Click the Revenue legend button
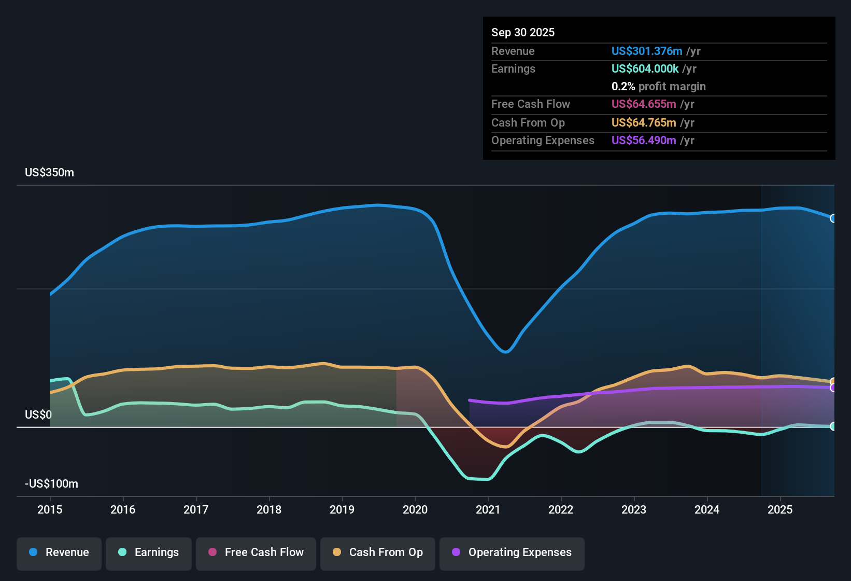pyautogui.click(x=59, y=552)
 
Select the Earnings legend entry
pyautogui.click(x=149, y=552)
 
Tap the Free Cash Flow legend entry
pyautogui.click(x=256, y=552)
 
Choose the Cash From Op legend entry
pyautogui.click(x=378, y=552)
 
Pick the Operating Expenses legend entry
pyautogui.click(x=512, y=552)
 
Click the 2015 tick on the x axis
pyautogui.click(x=50, y=509)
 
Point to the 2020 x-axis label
pyautogui.click(x=415, y=509)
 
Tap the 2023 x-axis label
pyautogui.click(x=634, y=509)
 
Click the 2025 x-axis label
pyautogui.click(x=780, y=509)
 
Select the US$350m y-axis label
pyautogui.click(x=50, y=173)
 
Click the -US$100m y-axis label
pyautogui.click(x=52, y=484)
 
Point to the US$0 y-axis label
pyautogui.click(x=38, y=415)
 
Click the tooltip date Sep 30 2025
pyautogui.click(x=523, y=33)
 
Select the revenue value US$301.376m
pyautogui.click(x=647, y=51)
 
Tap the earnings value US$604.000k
pyautogui.click(x=645, y=69)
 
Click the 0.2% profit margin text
pyautogui.click(x=658, y=87)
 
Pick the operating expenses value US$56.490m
pyautogui.click(x=644, y=141)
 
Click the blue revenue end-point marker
pyautogui.click(x=833, y=218)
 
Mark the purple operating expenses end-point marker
pyautogui.click(x=833, y=388)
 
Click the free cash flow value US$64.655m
pyautogui.click(x=644, y=104)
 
